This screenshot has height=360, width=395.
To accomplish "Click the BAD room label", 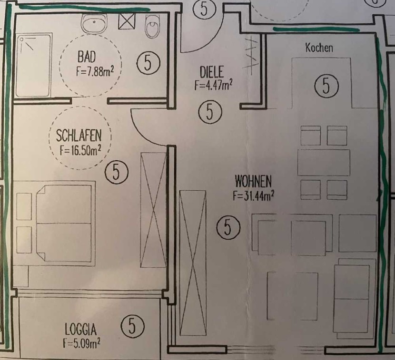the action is point(87,57).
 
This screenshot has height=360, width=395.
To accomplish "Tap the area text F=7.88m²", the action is point(95,71).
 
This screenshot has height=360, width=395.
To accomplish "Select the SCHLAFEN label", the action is point(79,136).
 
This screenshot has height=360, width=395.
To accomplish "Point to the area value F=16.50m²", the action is point(80,151).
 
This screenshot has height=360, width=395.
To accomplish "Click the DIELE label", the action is point(212,72).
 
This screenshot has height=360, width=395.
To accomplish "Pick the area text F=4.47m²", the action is point(213,85).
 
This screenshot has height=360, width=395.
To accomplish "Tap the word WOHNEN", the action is point(253,181).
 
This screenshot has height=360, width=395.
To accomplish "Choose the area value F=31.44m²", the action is point(254,195).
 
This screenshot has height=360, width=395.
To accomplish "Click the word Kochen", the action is point(319,48).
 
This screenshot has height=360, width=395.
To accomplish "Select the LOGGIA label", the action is point(80,329).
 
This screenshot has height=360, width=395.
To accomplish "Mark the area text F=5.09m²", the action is point(82,343).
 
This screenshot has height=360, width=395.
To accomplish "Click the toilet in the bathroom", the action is point(153,26).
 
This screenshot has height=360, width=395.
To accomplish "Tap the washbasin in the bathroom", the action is point(94,23).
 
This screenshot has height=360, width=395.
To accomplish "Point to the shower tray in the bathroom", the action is point(34,65).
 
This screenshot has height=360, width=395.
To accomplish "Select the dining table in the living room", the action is point(324,162).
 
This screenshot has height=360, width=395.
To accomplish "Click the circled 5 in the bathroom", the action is point(148,63).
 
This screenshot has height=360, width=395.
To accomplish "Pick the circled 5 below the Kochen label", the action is point(326,86).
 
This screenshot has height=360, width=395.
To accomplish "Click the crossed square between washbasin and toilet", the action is point(127,21).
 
